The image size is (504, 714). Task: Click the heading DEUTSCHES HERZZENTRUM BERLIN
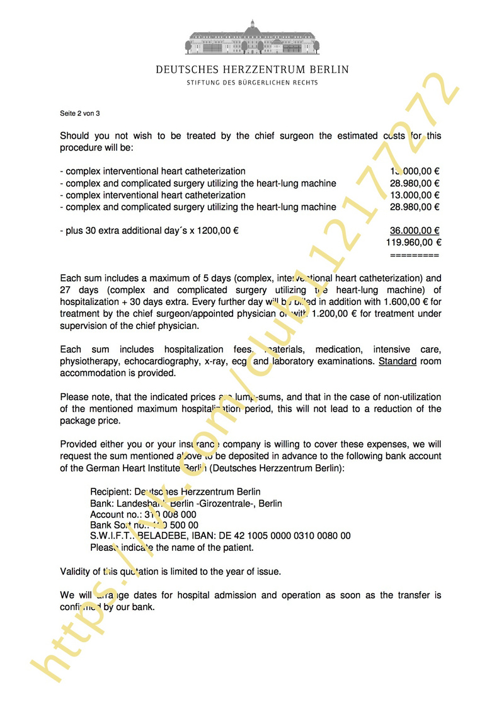[x=252, y=69]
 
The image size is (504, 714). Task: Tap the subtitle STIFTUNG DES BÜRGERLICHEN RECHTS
[x=252, y=83]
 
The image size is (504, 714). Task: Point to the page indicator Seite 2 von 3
[x=80, y=113]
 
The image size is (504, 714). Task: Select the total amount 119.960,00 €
[x=416, y=242]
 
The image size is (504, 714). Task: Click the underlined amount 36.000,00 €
[x=415, y=231]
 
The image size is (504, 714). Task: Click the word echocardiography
[x=160, y=361]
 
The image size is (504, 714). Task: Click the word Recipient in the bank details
[x=110, y=492]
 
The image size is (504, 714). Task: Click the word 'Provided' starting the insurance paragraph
[x=80, y=444]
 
